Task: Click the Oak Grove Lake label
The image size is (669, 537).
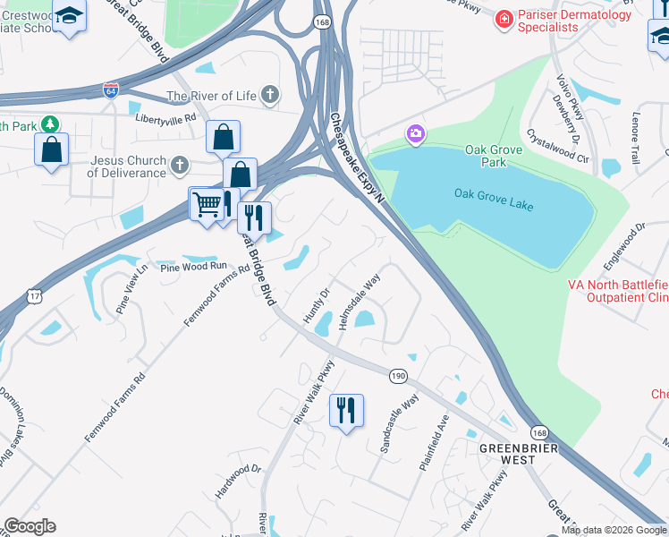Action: (493, 200)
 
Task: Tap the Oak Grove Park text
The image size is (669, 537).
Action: (486, 156)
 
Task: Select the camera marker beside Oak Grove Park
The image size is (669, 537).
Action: (415, 135)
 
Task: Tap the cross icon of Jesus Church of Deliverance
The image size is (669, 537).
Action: (180, 165)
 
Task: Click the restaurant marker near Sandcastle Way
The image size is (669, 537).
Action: (346, 410)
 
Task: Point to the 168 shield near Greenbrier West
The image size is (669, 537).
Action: (539, 432)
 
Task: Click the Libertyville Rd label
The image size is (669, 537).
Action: (165, 117)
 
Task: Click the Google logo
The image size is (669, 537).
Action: (29, 526)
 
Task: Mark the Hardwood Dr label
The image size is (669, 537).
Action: (238, 481)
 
